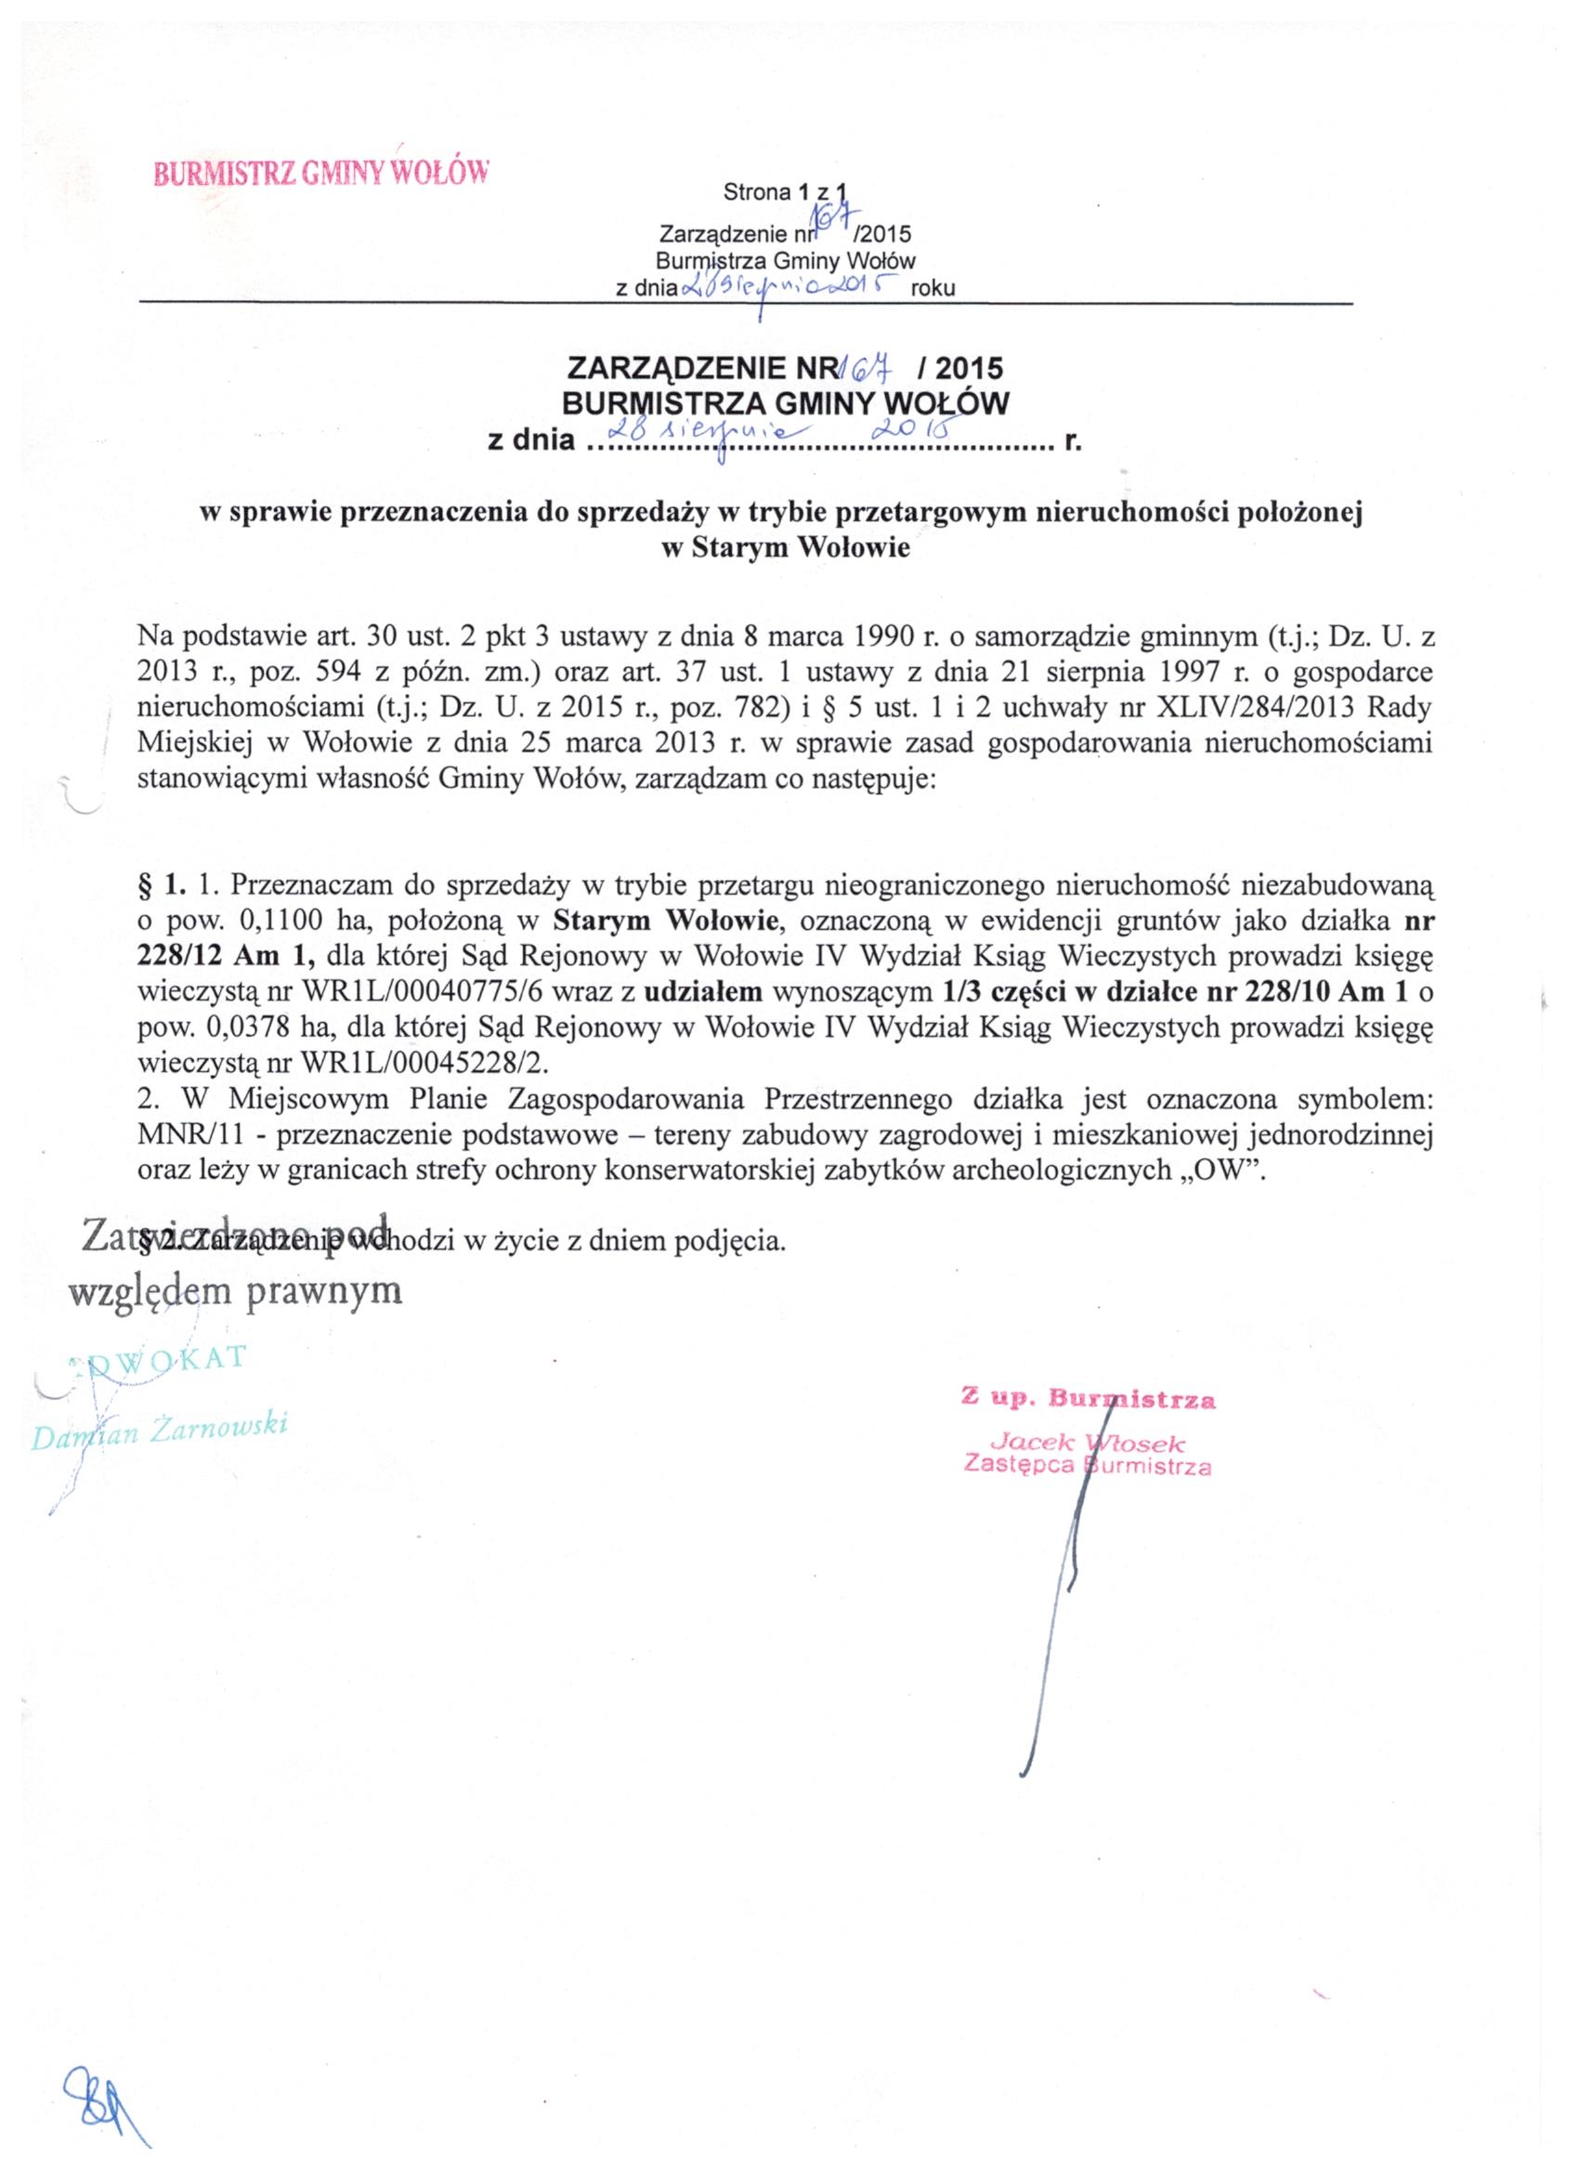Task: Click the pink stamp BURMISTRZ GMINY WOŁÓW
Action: [321, 174]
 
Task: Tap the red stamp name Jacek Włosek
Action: [1090, 1441]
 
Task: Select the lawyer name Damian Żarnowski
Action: [160, 1431]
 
